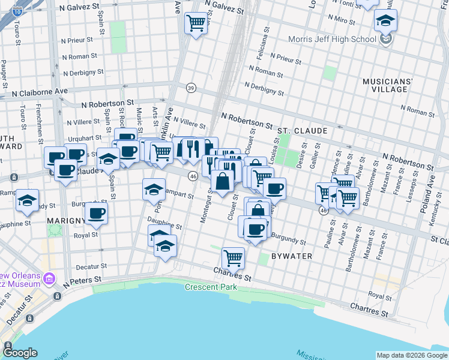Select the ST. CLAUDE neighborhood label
pyautogui.click(x=302, y=130)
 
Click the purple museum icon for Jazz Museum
pyautogui.click(x=49, y=279)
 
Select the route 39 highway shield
pyautogui.click(x=190, y=87)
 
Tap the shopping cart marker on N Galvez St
pyautogui.click(x=196, y=23)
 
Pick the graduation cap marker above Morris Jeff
pyautogui.click(x=385, y=20)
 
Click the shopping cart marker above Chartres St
pyautogui.click(x=233, y=258)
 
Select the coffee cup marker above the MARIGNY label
pyautogui.click(x=96, y=212)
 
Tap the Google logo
pyautogui.click(x=21, y=353)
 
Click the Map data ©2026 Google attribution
pyautogui.click(x=411, y=355)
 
